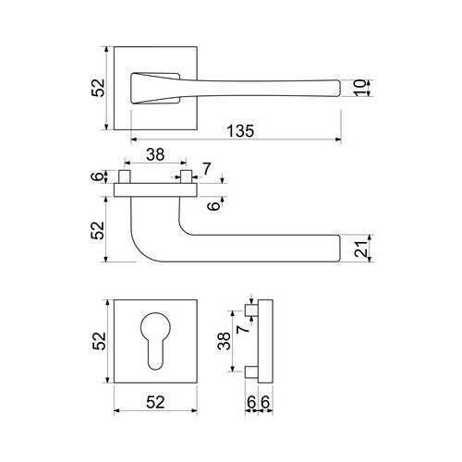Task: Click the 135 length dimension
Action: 240,131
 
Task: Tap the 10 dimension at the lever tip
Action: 359,88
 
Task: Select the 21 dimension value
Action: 361,249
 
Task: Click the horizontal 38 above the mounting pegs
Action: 155,154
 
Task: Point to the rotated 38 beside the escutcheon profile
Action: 224,341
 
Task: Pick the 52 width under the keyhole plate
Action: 155,402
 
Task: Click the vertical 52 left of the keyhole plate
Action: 99,341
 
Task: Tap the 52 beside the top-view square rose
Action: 99,88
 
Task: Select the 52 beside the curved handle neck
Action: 98,230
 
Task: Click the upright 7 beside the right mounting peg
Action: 207,168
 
